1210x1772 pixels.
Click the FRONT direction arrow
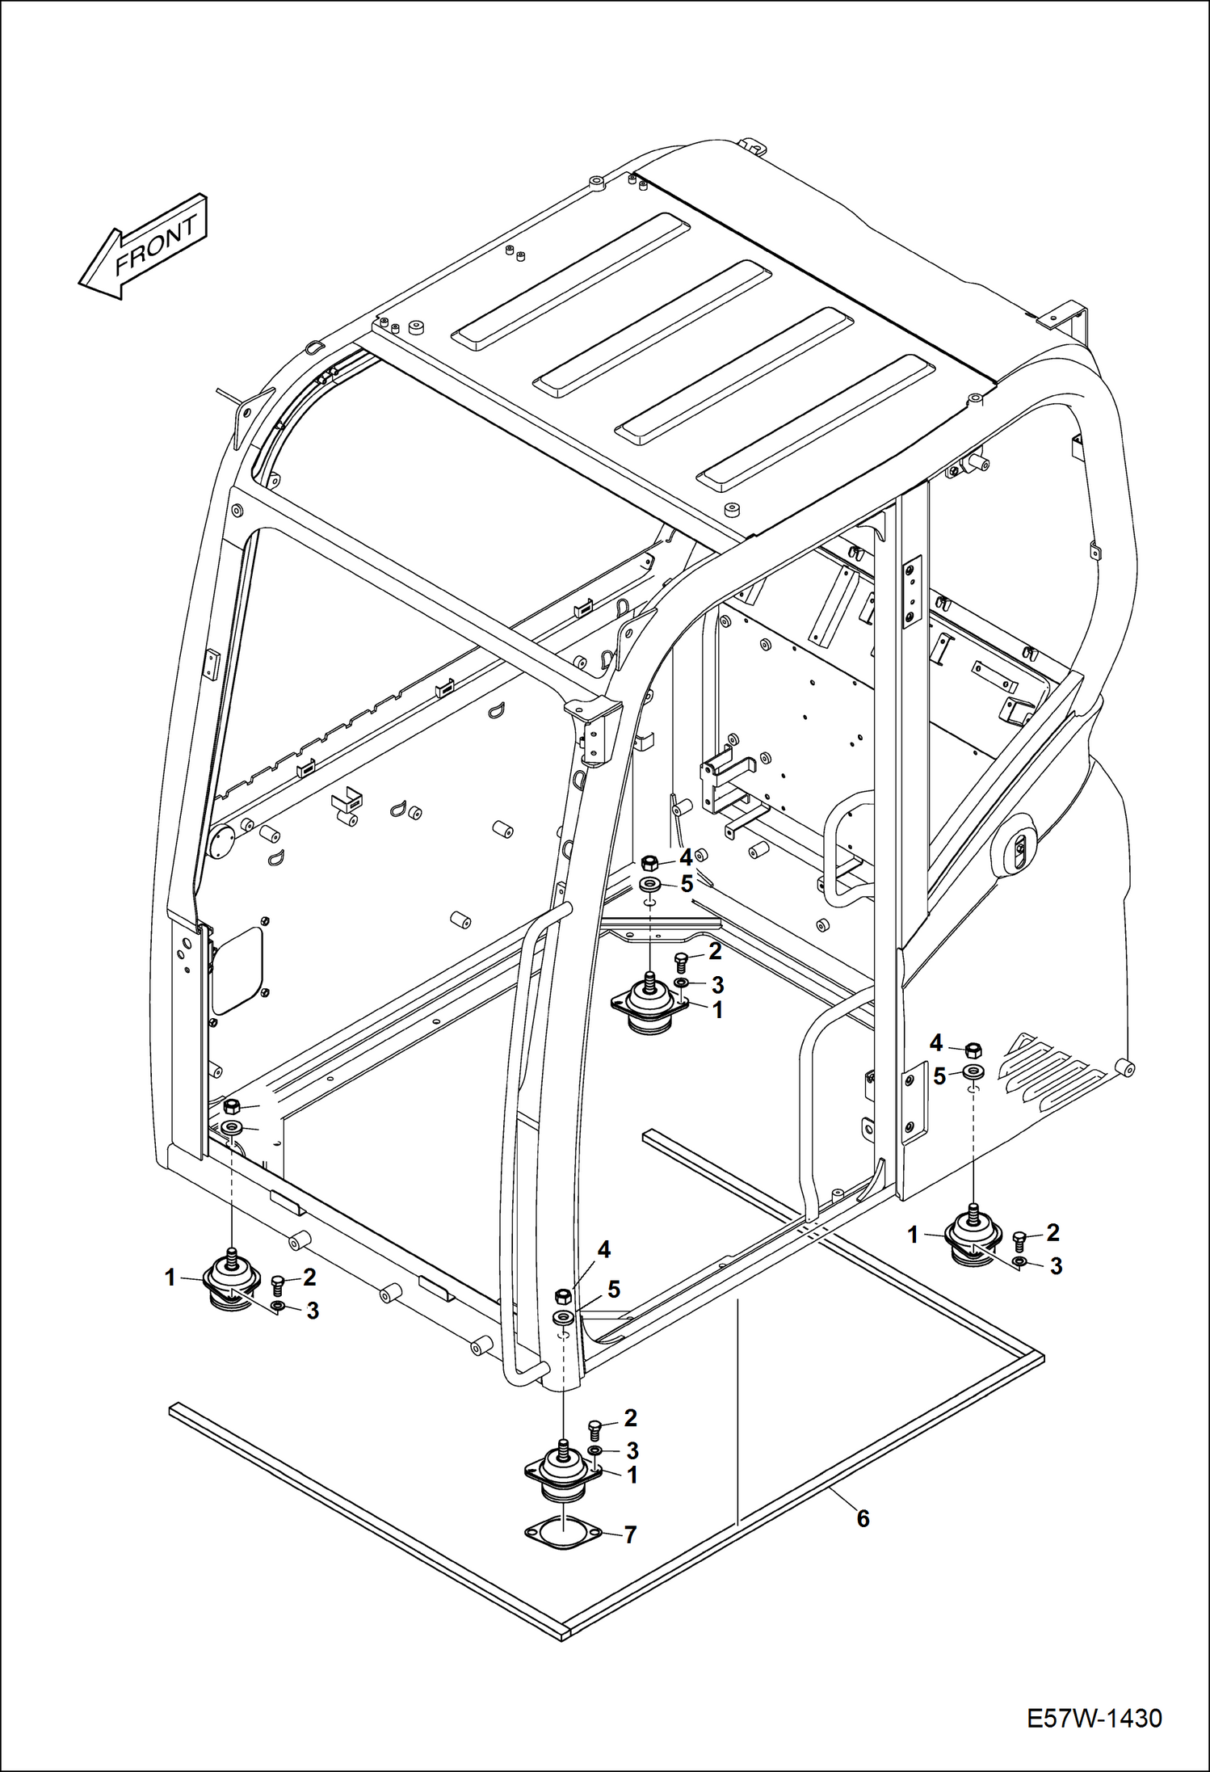(x=143, y=246)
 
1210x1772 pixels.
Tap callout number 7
(x=630, y=1535)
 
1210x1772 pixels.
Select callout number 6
(x=863, y=1520)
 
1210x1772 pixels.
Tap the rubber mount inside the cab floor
(x=649, y=1006)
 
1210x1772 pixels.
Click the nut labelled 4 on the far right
(x=974, y=1050)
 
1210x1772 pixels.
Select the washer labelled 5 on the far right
(x=974, y=1073)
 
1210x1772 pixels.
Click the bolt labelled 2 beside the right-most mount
(x=1019, y=1239)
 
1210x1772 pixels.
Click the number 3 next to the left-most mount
(x=313, y=1311)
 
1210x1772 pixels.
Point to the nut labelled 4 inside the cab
(x=649, y=862)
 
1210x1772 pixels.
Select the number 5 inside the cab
(x=687, y=884)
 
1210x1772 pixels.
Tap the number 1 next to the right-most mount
(x=913, y=1235)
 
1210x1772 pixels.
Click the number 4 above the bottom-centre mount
(x=603, y=1250)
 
